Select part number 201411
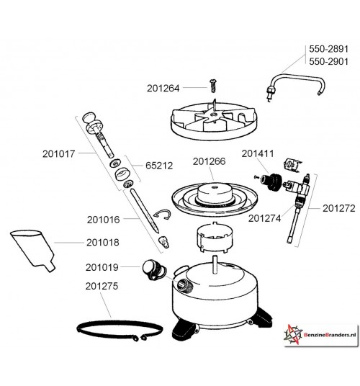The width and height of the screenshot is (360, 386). [257, 153]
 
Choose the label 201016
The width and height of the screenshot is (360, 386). [106, 219]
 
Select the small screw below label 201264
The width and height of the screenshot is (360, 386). [212, 86]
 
